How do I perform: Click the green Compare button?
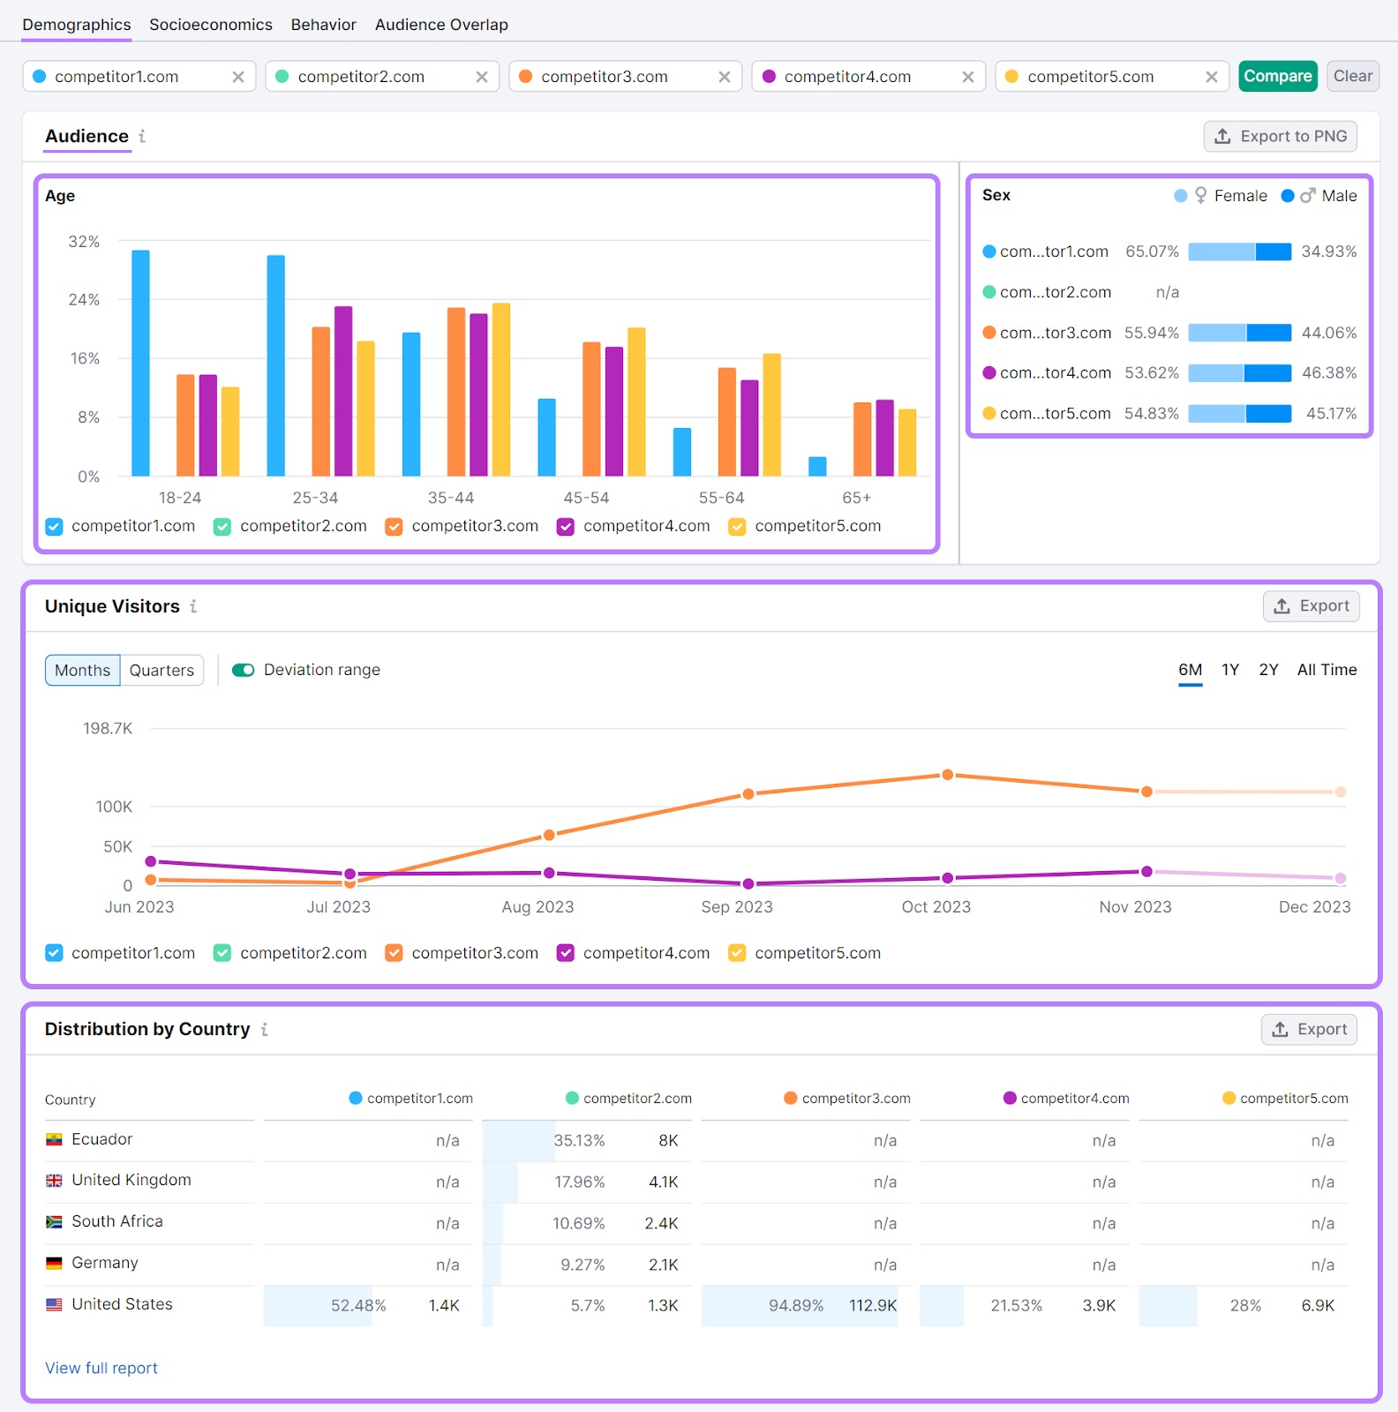(1277, 77)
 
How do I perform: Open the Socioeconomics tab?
(210, 25)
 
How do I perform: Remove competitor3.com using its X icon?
(725, 77)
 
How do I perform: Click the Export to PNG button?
(1280, 136)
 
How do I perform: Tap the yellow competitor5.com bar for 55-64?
(771, 414)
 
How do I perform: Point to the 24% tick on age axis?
(84, 300)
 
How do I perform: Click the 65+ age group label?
(855, 498)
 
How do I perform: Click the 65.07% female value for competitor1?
(1152, 252)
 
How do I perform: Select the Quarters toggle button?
(162, 671)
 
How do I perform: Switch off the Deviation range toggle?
(243, 671)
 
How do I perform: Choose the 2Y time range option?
(1268, 670)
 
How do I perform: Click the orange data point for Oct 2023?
(947, 775)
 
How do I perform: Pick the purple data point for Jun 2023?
(151, 861)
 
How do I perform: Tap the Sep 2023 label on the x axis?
(736, 907)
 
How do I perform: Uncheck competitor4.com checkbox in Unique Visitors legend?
(566, 953)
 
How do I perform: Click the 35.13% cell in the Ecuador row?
(579, 1140)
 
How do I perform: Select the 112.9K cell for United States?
(872, 1305)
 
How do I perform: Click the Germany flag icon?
(54, 1263)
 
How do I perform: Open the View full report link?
(101, 1368)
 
